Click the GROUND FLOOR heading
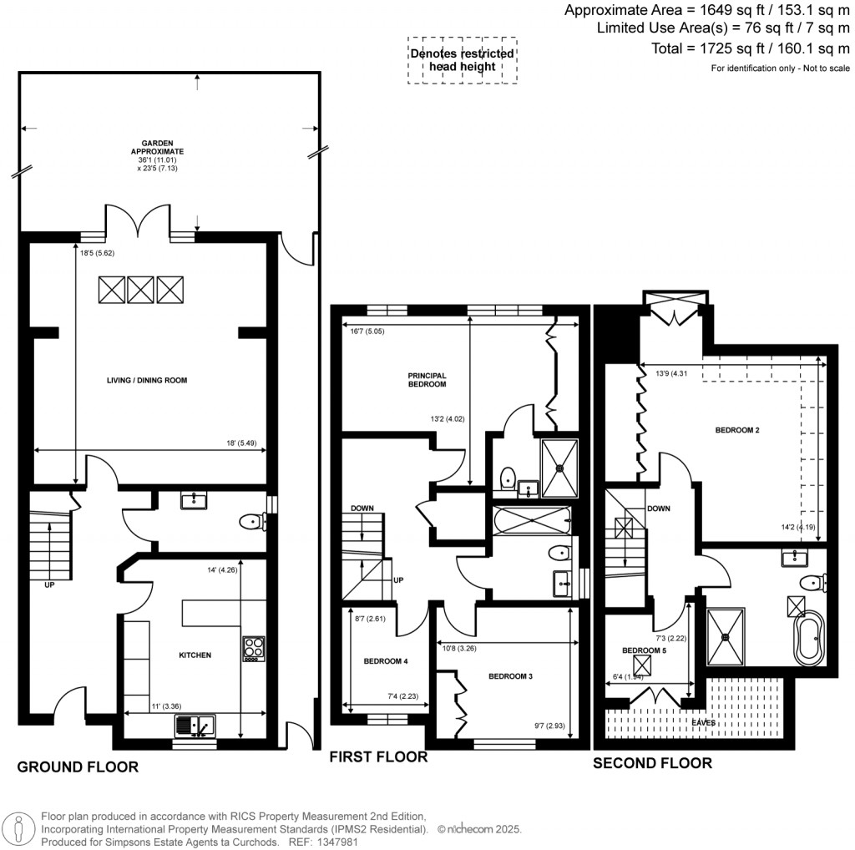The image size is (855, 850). pos(78,767)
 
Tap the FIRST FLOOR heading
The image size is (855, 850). pos(378,756)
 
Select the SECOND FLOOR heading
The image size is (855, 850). pos(652,762)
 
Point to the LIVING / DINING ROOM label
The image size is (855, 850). pos(147,380)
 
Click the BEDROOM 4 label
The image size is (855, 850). pos(386,661)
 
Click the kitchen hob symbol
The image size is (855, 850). pos(253,648)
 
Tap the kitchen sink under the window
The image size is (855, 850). pos(195,726)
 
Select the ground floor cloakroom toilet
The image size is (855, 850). pos(250,522)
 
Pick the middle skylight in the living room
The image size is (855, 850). pos(140,290)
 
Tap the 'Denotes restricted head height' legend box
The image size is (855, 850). pos(462,60)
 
